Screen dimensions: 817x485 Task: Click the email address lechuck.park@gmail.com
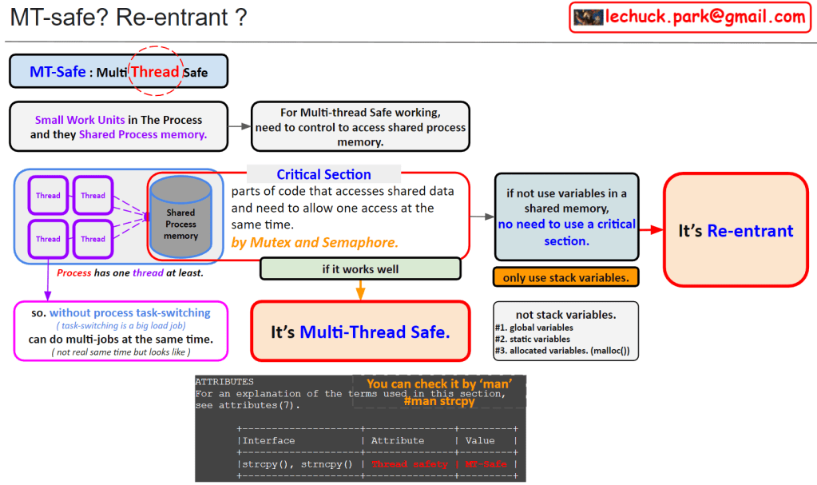(x=705, y=17)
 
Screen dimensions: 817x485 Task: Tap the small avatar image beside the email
(x=589, y=18)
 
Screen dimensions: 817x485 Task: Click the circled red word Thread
(x=155, y=71)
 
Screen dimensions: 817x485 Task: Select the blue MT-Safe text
(x=58, y=71)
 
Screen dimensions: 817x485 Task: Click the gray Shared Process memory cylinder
(x=180, y=217)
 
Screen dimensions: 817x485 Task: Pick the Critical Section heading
(x=323, y=174)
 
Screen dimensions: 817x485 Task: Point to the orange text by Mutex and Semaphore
(x=315, y=243)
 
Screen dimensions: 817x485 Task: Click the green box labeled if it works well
(x=360, y=269)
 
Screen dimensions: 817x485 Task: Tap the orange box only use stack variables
(x=566, y=277)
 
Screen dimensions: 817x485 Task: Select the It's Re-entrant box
(x=736, y=230)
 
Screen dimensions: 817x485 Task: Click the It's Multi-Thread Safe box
(x=360, y=331)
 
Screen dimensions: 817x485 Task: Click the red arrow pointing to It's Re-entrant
(x=652, y=229)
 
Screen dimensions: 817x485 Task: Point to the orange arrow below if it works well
(x=360, y=290)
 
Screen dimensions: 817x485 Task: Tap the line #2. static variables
(x=533, y=339)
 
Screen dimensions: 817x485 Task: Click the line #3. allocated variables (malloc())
(x=562, y=351)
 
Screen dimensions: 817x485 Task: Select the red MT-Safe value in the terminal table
(x=486, y=464)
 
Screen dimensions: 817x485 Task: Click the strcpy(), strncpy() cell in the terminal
(x=297, y=464)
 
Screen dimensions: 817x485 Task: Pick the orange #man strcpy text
(x=439, y=401)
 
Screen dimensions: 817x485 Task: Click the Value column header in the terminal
(x=480, y=441)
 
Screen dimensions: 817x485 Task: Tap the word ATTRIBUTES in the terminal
(x=224, y=382)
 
